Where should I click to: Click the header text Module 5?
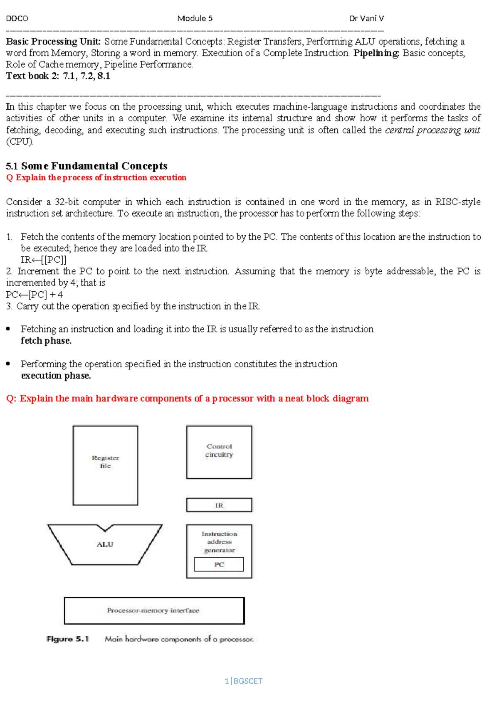[195, 18]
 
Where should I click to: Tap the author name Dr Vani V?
[366, 18]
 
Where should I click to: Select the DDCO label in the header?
[17, 18]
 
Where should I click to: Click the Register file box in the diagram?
[105, 465]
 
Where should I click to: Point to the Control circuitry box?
[219, 452]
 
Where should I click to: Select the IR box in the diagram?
[219, 505]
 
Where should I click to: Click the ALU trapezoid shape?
[105, 545]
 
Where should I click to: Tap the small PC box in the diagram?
[219, 565]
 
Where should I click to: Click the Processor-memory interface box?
[154, 611]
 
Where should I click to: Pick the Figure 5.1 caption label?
[68, 639]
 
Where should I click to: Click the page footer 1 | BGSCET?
[243, 681]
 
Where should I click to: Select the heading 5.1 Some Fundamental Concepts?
[86, 166]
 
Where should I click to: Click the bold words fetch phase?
[46, 341]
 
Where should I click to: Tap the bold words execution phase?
[56, 376]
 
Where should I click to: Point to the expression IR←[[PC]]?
[44, 260]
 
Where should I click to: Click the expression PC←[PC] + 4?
[34, 295]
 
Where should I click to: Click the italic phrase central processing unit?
[432, 130]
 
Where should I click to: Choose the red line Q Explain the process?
[96, 177]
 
